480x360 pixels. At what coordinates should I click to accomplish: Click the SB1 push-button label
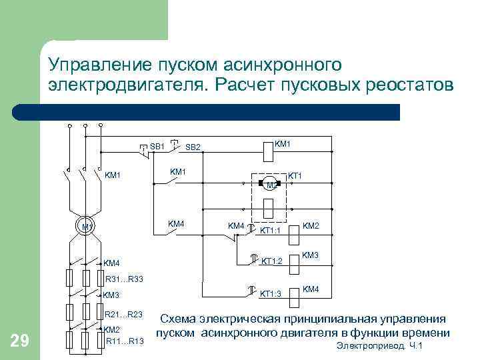[x=157, y=146]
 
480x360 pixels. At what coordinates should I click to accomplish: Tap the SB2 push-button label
[x=193, y=147]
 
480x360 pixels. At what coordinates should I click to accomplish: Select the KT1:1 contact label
[x=272, y=231]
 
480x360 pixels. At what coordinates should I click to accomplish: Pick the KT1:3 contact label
[x=271, y=293]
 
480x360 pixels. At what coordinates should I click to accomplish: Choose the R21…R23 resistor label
[x=123, y=314]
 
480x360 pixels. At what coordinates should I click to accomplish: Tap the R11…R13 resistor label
[x=125, y=341]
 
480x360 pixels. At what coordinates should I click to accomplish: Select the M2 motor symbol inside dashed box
[x=269, y=185]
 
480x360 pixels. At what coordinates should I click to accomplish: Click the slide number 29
[x=20, y=341]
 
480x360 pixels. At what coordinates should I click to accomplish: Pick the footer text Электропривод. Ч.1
[x=380, y=346]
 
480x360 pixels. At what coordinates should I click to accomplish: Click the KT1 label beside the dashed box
[x=295, y=175]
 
